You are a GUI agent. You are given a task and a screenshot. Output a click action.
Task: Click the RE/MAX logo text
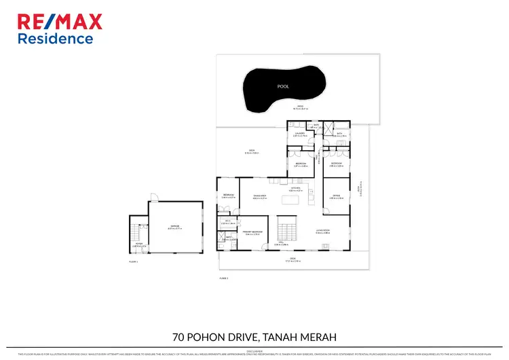pyautogui.click(x=60, y=22)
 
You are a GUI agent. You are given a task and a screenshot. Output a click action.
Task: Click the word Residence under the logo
pyautogui.click(x=55, y=39)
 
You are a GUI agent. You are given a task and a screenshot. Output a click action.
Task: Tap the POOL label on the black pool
pyautogui.click(x=282, y=87)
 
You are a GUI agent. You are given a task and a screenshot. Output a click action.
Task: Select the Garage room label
pyautogui.click(x=175, y=228)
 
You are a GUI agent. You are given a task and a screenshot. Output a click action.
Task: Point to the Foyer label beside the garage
pyautogui.click(x=138, y=245)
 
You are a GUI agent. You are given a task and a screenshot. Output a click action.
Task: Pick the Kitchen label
pyautogui.click(x=295, y=190)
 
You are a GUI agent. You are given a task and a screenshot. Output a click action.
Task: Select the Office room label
pyautogui.click(x=336, y=196)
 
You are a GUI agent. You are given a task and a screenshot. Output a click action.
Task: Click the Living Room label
pyautogui.click(x=322, y=231)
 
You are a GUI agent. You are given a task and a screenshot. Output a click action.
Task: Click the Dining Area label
pyautogui.click(x=259, y=196)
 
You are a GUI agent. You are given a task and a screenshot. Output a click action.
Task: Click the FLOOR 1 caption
pyautogui.click(x=133, y=262)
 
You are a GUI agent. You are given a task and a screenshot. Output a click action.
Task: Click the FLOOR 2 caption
pyautogui.click(x=223, y=278)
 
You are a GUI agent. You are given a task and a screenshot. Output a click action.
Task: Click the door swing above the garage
pyautogui.click(x=154, y=198)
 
